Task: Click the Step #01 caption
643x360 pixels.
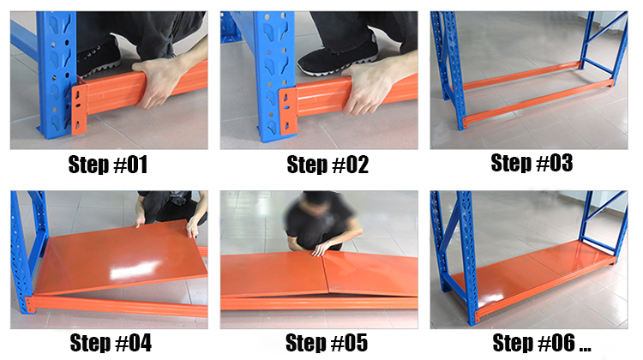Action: click(108, 165)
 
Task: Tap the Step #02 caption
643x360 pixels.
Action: click(328, 165)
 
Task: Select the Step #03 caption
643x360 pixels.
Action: click(532, 163)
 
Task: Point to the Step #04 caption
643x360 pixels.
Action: click(111, 342)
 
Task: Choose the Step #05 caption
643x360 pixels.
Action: click(327, 342)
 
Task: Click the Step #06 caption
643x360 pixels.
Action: click(542, 342)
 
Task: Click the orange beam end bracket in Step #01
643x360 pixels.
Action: click(79, 110)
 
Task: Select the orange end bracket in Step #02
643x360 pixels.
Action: click(288, 111)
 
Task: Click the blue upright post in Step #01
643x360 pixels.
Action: click(57, 74)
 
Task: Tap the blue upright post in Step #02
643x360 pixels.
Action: click(274, 75)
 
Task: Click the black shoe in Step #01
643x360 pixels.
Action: click(99, 57)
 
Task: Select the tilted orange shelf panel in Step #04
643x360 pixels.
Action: click(123, 256)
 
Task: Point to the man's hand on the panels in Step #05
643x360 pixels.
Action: click(321, 249)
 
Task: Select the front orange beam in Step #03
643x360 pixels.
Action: click(538, 101)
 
